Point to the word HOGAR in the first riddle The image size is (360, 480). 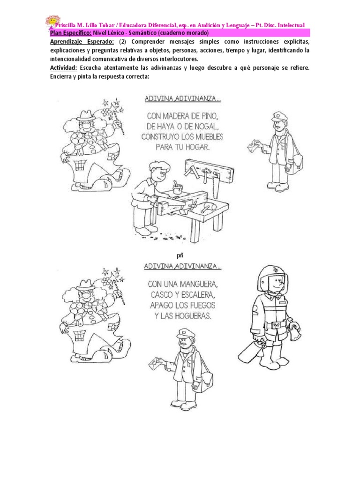pyautogui.click(x=196, y=147)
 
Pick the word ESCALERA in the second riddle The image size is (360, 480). pyautogui.click(x=198, y=294)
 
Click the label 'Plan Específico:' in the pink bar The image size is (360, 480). pyautogui.click(x=70, y=33)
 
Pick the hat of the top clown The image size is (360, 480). pyautogui.click(x=85, y=115)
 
